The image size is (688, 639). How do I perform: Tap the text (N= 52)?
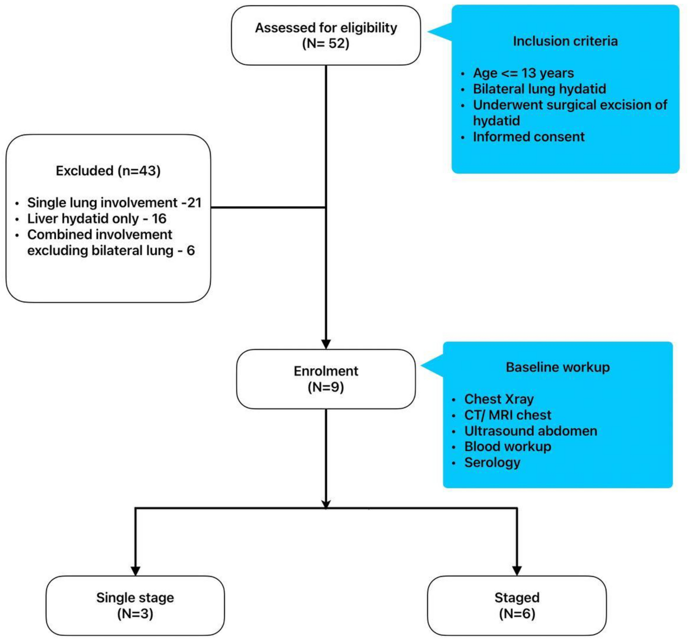(326, 43)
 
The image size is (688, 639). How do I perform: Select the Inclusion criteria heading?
(565, 41)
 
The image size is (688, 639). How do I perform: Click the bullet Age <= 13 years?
(523, 73)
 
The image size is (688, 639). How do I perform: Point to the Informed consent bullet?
(528, 137)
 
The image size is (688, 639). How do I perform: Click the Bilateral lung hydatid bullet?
(539, 89)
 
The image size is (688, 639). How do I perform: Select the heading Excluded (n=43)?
(108, 171)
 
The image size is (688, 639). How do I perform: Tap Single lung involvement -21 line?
(114, 202)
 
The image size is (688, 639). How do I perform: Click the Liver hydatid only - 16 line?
(96, 219)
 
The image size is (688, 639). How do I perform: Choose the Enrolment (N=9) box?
(326, 379)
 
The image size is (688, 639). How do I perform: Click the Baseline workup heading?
(557, 367)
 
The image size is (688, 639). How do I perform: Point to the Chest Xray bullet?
(499, 399)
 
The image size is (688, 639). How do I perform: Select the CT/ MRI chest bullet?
(507, 415)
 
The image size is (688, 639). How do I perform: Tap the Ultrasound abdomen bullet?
(530, 431)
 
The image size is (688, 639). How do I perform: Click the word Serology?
(492, 462)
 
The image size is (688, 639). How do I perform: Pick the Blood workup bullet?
(507, 446)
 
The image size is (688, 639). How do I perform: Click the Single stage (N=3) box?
(135, 605)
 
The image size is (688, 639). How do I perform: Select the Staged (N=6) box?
(517, 605)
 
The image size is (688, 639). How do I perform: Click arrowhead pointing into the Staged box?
(517, 570)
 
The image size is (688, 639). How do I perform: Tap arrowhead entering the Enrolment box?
(326, 344)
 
